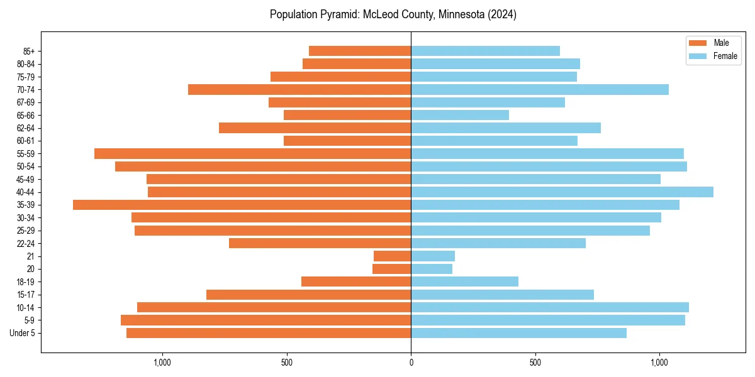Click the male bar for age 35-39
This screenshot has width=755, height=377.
242,205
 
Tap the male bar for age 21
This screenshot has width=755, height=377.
392,256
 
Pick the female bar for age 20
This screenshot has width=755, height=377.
432,269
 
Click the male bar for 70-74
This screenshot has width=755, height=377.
299,90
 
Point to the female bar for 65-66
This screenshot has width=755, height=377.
460,115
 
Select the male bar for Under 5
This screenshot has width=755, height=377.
269,333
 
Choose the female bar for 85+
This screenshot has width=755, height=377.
485,51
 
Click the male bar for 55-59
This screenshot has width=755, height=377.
252,154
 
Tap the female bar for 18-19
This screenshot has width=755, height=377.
464,281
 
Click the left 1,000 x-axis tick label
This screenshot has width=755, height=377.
162,363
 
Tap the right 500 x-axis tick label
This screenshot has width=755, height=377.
535,363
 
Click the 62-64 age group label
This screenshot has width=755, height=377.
25,128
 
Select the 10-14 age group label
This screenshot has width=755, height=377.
25,308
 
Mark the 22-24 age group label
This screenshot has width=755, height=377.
25,244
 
